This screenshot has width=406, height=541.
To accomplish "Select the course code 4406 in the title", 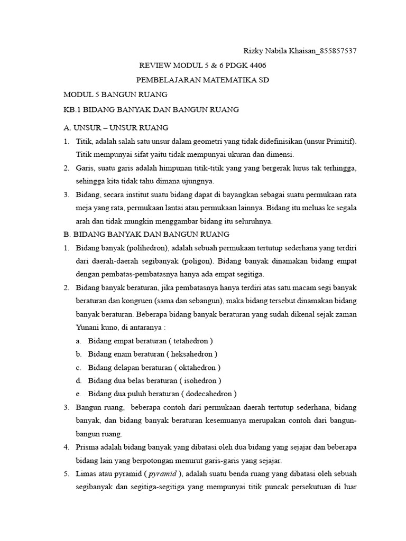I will (257, 66).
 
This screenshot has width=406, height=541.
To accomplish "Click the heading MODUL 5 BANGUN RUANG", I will (115, 95).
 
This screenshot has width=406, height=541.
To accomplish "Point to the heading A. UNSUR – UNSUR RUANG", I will (116, 128).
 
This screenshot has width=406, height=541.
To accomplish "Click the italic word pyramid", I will (164, 473).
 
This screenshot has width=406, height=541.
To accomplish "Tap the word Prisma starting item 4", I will (88, 447).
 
